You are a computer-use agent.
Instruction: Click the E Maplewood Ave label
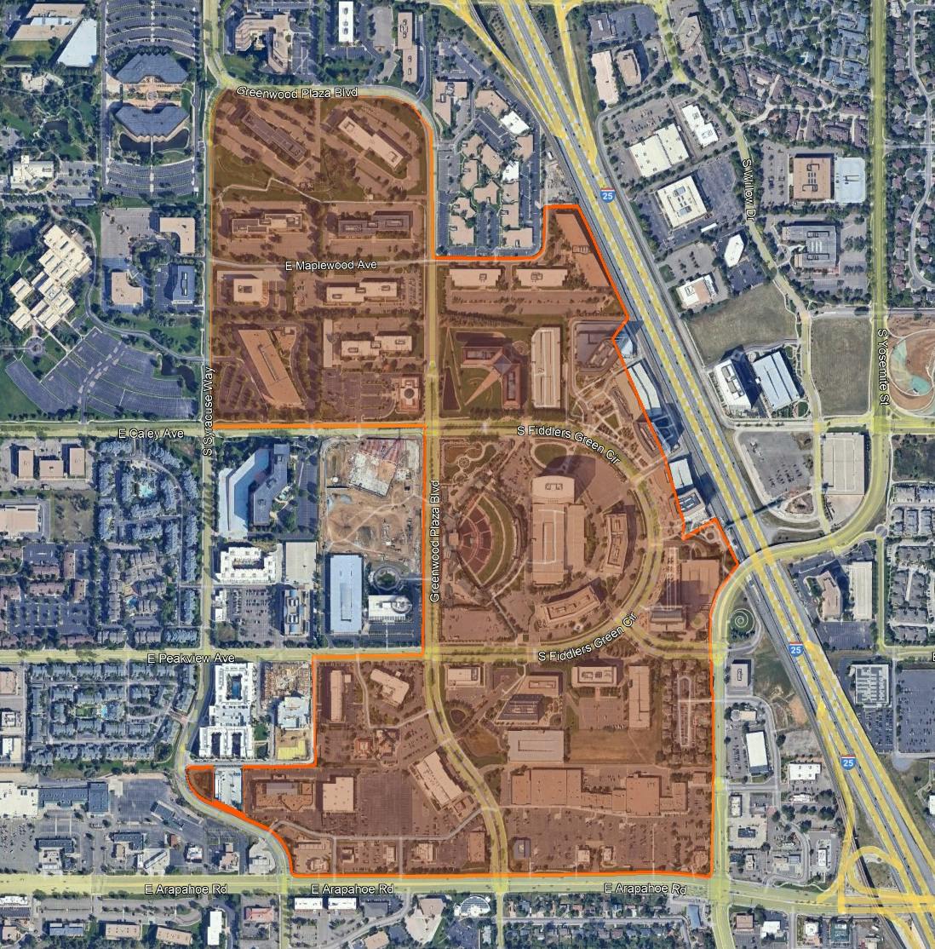(332, 267)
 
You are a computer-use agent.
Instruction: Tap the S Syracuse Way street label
(207, 407)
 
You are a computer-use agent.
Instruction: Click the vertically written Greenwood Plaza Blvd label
(433, 542)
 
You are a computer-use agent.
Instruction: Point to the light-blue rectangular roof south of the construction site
(346, 592)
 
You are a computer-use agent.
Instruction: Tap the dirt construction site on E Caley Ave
(371, 503)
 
